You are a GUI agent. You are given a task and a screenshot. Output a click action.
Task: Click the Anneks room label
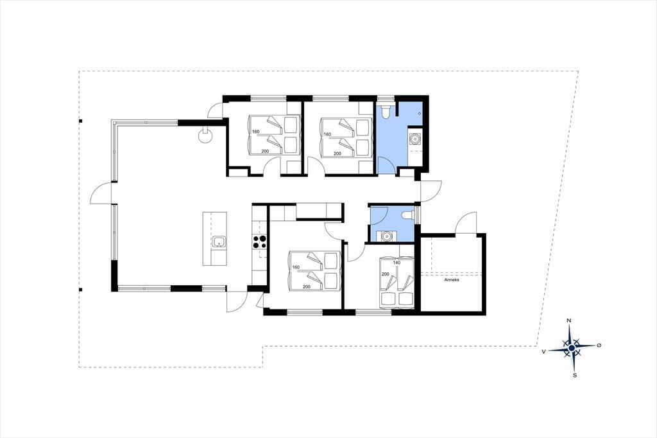click(452, 279)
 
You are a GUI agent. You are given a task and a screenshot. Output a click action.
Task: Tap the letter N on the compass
click(568, 321)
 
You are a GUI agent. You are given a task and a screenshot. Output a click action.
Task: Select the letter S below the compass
click(575, 375)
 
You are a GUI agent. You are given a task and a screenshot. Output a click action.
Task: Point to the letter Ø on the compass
click(599, 345)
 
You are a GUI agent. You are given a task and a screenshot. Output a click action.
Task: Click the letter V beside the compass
click(543, 351)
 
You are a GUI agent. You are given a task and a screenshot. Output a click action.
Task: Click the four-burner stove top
click(259, 241)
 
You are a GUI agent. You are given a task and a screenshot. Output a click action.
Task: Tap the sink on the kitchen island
click(219, 242)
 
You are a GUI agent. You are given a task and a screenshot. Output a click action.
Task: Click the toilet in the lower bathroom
click(407, 215)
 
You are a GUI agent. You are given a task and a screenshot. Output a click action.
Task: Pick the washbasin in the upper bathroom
click(415, 138)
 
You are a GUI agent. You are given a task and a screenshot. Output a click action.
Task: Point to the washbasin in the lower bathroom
click(386, 236)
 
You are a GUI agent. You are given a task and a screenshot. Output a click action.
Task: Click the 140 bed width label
click(397, 263)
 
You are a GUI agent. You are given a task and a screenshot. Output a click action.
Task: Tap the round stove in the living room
click(205, 136)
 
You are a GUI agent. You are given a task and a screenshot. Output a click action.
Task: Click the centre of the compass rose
click(572, 347)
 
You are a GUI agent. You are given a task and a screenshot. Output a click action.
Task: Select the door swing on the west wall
click(101, 194)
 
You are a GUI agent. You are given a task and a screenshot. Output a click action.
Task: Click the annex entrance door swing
click(466, 222)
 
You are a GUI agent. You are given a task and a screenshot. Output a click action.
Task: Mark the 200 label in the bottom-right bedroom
click(385, 274)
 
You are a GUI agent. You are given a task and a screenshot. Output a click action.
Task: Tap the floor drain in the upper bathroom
click(420, 114)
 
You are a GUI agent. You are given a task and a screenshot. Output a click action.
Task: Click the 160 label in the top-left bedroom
click(255, 132)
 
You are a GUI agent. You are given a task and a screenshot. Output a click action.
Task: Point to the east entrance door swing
click(432, 191)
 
